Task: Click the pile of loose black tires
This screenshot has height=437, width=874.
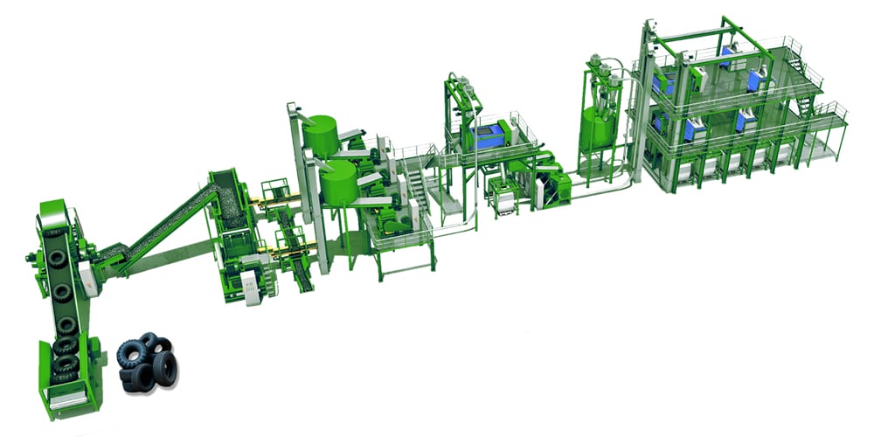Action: [x=147, y=358]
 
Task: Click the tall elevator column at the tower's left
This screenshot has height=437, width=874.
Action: [x=648, y=96]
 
